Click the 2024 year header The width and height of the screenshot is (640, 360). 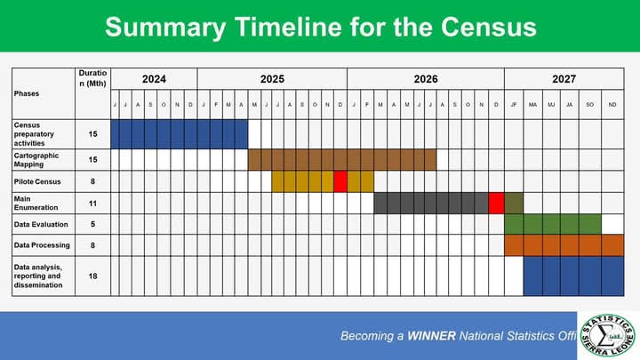pos(154,79)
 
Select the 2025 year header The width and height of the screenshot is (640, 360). pos(272,79)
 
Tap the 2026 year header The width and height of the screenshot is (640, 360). pos(426,79)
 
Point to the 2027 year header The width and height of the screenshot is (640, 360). pos(564,79)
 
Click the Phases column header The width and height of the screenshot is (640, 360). pos(28,92)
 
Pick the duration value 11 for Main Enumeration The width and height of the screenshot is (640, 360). pos(92,203)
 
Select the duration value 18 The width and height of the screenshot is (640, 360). pos(92,276)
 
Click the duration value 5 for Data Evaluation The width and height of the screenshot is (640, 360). pos(92,224)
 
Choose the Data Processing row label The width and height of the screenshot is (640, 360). pos(41,244)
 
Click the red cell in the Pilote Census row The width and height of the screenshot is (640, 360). pos(340,181)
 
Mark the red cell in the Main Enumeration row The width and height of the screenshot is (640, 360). pos(496,203)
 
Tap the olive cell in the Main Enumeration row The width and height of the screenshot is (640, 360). pos(514,203)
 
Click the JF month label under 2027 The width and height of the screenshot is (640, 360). pos(514,105)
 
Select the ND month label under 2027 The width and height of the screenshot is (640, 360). pos(612,105)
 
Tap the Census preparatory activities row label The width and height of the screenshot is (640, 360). pos(39,133)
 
